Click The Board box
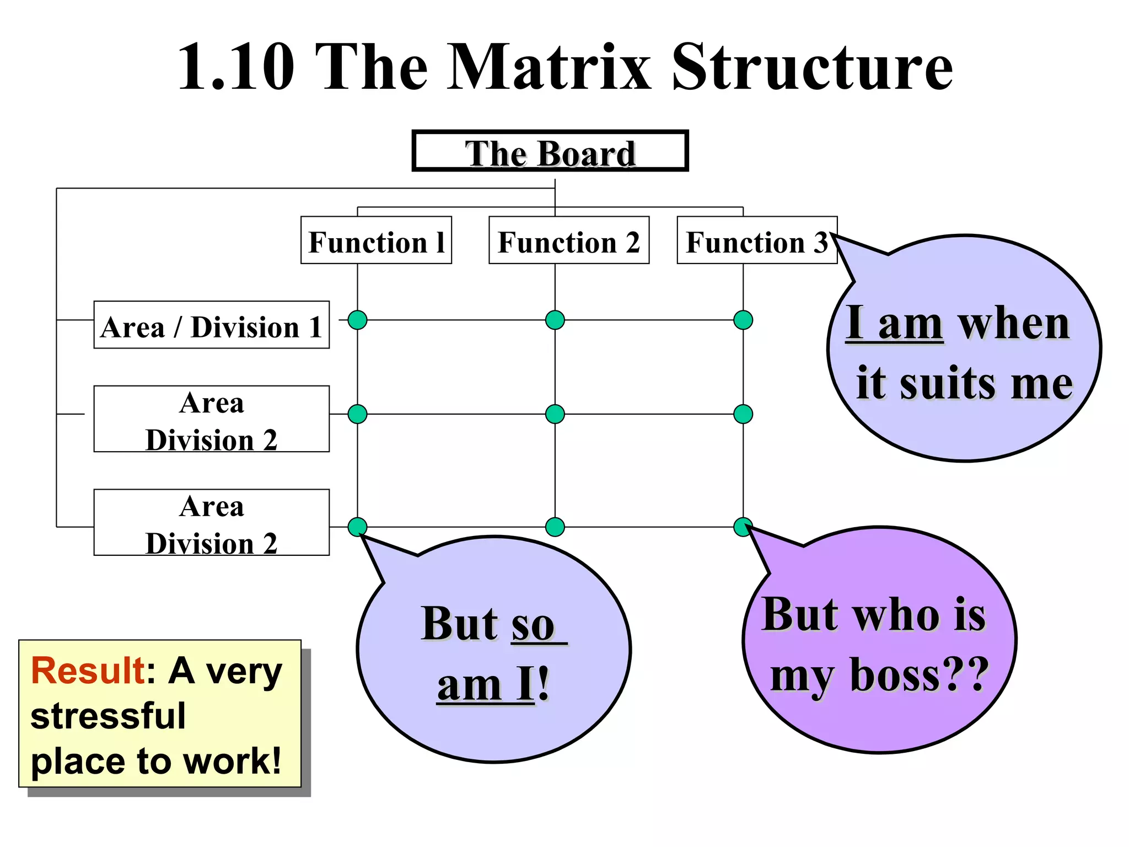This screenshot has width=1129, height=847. point(550,151)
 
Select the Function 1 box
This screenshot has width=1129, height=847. point(376,240)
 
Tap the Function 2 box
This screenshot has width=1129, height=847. point(569,240)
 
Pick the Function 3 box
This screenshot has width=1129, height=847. point(756,240)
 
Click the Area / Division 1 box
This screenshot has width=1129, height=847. point(212,325)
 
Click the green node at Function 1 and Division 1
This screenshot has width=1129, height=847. point(358,320)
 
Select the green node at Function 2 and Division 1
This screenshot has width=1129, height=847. point(555,320)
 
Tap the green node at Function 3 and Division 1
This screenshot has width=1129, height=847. point(743,320)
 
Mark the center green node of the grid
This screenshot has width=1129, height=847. point(555,414)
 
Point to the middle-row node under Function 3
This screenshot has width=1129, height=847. point(743,414)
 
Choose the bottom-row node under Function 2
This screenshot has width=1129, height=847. point(555,527)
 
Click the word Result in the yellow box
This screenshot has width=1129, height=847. point(88,671)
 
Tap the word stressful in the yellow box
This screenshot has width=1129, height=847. point(108,716)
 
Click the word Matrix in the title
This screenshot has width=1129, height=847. point(549,67)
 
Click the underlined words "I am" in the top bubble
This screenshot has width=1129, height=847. point(894,323)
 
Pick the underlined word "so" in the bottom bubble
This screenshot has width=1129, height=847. point(533,625)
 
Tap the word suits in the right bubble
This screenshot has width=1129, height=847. point(947,383)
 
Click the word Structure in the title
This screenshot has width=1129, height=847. point(813,67)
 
